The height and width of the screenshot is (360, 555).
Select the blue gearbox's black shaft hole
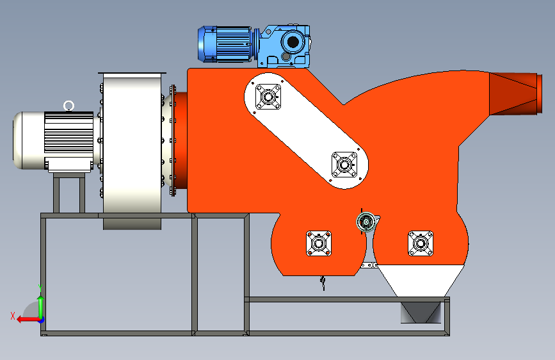[x=293, y=42]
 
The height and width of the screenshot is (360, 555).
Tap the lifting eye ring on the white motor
[x=68, y=106]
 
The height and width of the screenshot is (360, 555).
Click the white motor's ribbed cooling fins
[x=68, y=133]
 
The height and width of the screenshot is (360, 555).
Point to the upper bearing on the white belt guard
[x=268, y=96]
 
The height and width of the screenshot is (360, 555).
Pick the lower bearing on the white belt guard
[x=344, y=165]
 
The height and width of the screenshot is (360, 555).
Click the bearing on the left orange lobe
[x=319, y=243]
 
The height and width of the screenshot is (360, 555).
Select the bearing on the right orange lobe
[x=421, y=243]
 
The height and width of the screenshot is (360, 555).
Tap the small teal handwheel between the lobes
[x=366, y=222]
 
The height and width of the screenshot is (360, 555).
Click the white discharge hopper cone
[x=421, y=280]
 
